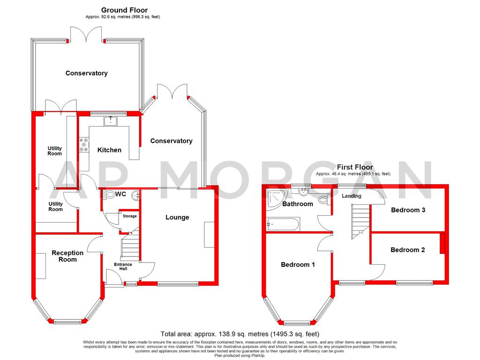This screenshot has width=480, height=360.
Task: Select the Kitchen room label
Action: point(109,150)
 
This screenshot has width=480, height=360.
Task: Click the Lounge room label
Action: point(177,217)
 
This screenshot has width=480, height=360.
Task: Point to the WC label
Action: point(120,194)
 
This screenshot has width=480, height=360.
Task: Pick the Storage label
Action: point(130,216)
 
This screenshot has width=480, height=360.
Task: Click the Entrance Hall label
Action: point(123,267)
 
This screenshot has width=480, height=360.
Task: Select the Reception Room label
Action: point(67,256)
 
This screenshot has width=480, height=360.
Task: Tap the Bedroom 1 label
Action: point(298,264)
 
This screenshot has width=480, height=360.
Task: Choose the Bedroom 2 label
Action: point(407,250)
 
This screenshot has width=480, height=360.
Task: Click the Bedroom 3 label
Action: point(408,210)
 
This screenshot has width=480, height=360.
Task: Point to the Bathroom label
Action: point(297,204)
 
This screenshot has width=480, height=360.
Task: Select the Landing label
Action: point(352,196)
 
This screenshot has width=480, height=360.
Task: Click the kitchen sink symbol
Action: point(111,121)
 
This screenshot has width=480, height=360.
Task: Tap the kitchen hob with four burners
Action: point(84,144)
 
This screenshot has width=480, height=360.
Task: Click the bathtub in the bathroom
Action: point(282,225)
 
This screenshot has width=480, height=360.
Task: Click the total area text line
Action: point(240,334)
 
